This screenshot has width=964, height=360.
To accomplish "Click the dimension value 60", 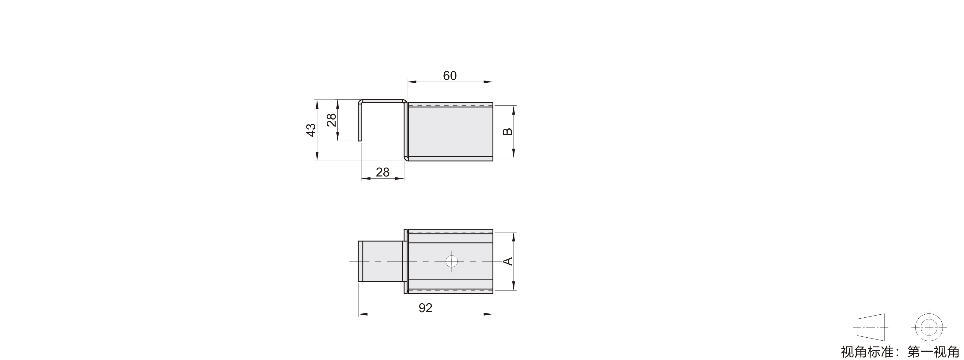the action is click(450, 76).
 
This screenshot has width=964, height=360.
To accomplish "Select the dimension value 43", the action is click(311, 130).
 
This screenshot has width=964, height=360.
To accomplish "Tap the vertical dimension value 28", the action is click(332, 120).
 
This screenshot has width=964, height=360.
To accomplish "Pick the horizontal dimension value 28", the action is click(382, 172).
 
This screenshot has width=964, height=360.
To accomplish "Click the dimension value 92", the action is click(426, 308).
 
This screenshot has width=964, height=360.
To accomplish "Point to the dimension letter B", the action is click(507, 132).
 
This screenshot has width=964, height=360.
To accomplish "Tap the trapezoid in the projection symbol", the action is click(871, 328).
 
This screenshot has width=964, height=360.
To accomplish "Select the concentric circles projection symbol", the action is click(929, 328).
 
